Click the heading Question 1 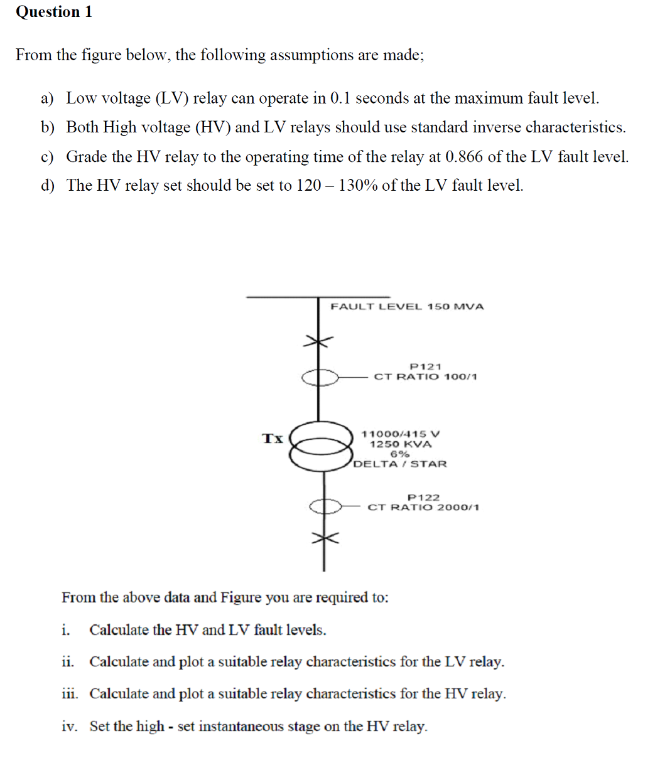pyautogui.click(x=54, y=12)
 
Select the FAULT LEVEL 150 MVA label pyautogui.click(x=407, y=307)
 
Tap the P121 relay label pyautogui.click(x=425, y=366)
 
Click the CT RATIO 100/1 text pyautogui.click(x=425, y=376)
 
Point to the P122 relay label pyautogui.click(x=423, y=497)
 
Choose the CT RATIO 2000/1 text pyautogui.click(x=423, y=507)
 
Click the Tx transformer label pyautogui.click(x=273, y=438)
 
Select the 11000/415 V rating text pyautogui.click(x=401, y=434)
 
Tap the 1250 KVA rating pyautogui.click(x=401, y=444)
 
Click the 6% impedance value pyautogui.click(x=400, y=454)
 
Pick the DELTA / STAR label pyautogui.click(x=400, y=464)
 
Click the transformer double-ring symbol pyautogui.click(x=320, y=445)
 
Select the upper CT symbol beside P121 pyautogui.click(x=320, y=377)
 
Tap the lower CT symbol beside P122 pyautogui.click(x=324, y=506)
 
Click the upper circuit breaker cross pyautogui.click(x=318, y=341)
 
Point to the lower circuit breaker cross pyautogui.click(x=324, y=538)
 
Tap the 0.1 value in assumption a pyautogui.click(x=339, y=99)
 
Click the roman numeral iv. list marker pyautogui.click(x=69, y=726)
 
